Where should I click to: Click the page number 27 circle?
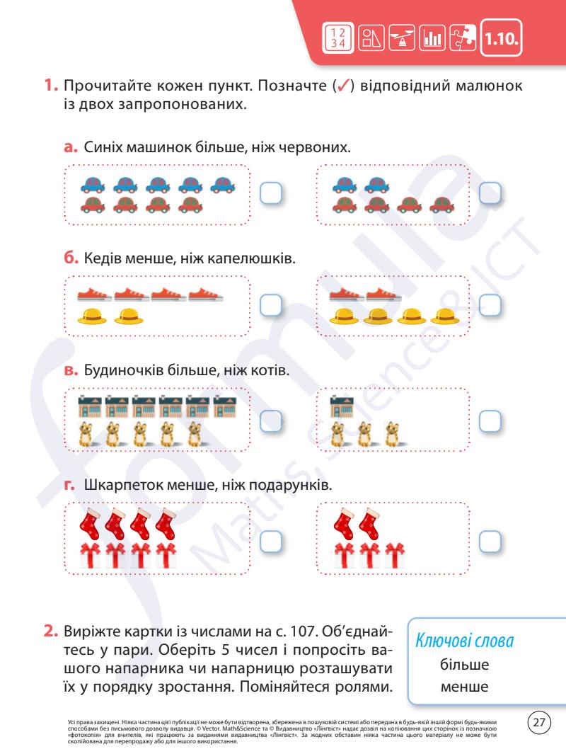541,722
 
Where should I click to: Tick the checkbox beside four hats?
490,304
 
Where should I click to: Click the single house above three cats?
342,408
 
